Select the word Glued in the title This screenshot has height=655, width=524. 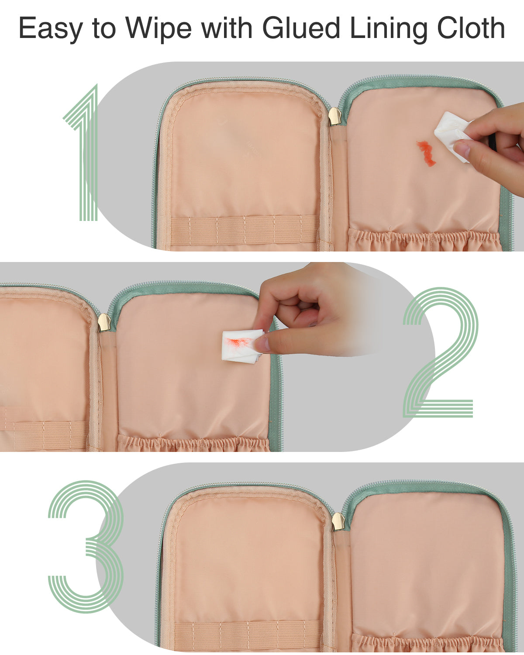click(301, 28)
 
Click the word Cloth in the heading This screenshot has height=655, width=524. click(471, 28)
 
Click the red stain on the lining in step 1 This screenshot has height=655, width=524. click(426, 154)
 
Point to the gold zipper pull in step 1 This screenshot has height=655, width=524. click(334, 116)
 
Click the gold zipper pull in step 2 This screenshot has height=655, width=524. click(104, 322)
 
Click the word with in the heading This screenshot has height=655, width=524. click(227, 28)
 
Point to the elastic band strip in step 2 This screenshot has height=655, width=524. click(44, 435)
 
